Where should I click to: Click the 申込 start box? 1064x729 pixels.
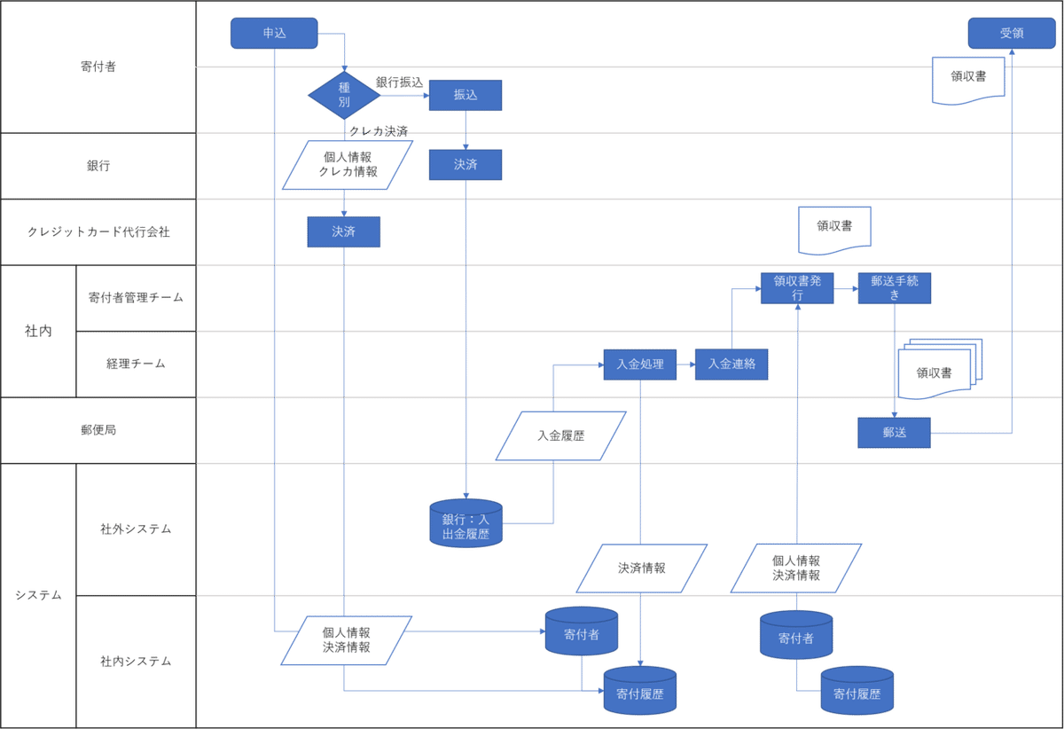point(274,34)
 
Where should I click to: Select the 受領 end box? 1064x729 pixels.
point(1012,34)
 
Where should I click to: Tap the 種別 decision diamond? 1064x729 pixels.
point(344,95)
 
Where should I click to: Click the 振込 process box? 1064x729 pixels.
point(465,95)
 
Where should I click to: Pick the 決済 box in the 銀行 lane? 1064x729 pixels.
point(465,165)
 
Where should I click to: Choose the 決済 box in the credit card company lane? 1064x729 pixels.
point(344,231)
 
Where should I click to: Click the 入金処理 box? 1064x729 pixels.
point(640,364)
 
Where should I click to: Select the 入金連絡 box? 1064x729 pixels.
point(731,364)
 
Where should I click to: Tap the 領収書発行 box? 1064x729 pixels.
point(797,288)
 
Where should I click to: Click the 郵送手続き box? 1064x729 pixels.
point(895,288)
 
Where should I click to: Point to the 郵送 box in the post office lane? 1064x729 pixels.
point(894,433)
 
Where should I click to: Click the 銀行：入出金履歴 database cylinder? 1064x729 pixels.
point(466,523)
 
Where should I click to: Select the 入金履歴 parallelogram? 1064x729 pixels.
point(561,435)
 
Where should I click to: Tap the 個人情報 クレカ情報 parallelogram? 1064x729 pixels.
point(348,165)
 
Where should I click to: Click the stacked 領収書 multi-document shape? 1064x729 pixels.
point(940,369)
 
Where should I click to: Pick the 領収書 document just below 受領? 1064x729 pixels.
point(968,80)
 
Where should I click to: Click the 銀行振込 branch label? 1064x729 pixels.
point(400,82)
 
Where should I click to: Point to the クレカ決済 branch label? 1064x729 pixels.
point(379,131)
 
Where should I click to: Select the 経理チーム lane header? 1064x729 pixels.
point(136,364)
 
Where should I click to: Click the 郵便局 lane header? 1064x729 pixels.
point(98,430)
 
